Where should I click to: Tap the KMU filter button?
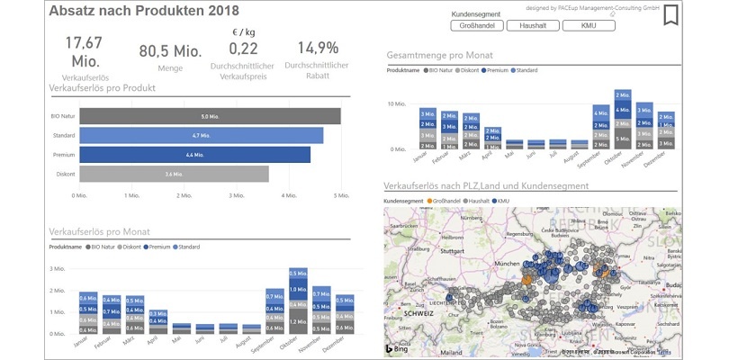pos(589,26)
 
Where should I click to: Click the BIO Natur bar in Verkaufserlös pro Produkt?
pos(210,116)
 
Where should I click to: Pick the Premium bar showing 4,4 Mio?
pos(194,155)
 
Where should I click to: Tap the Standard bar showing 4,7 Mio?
pos(201,136)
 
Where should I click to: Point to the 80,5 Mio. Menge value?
pos(170,51)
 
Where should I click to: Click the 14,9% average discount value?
pos(317,48)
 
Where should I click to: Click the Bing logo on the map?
pos(398,348)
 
